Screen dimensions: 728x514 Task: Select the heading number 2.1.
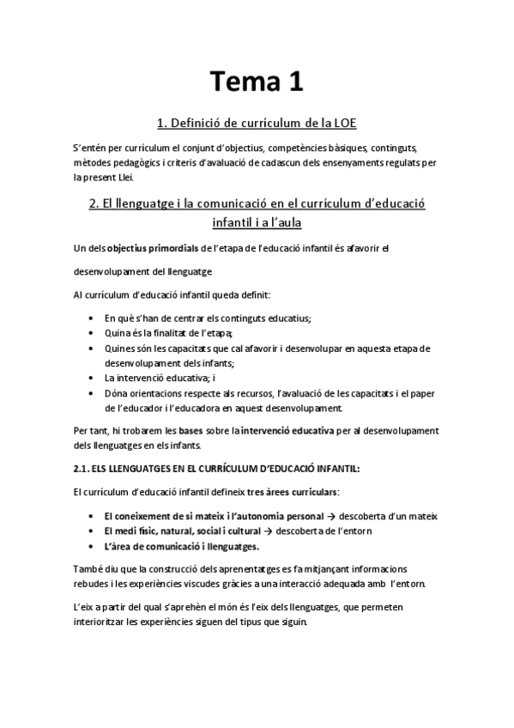pos(82,469)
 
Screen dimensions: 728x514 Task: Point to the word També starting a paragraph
pos(88,570)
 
